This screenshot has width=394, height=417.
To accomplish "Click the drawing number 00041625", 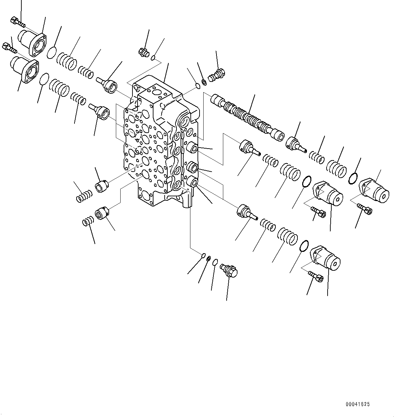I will click(x=358, y=404).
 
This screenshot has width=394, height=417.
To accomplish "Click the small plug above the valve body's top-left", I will click(x=142, y=52).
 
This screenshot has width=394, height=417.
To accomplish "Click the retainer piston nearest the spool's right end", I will click(x=295, y=143).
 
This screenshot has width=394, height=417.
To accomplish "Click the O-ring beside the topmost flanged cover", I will click(x=51, y=53).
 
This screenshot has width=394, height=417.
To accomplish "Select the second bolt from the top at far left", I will click(x=10, y=47).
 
